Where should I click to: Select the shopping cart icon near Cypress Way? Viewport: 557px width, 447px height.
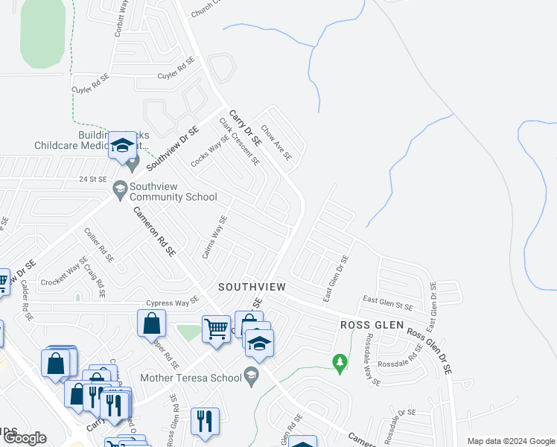click(216, 328)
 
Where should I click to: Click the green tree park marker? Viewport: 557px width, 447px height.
click(340, 363)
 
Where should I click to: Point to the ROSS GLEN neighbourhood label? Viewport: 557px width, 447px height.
click(372, 325)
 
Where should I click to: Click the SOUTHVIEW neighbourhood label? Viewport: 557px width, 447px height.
click(252, 287)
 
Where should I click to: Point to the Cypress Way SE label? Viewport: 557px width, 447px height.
click(173, 301)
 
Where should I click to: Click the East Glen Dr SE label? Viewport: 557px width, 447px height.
click(337, 279)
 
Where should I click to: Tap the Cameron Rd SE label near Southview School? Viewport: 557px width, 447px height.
click(155, 232)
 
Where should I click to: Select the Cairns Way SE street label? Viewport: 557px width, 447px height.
click(214, 237)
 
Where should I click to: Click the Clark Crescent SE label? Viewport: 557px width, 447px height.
click(239, 140)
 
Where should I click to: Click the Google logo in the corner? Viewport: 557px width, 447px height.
click(25, 438)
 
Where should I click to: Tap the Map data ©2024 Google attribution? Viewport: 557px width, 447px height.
click(510, 441)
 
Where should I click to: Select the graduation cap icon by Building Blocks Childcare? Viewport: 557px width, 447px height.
click(122, 146)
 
